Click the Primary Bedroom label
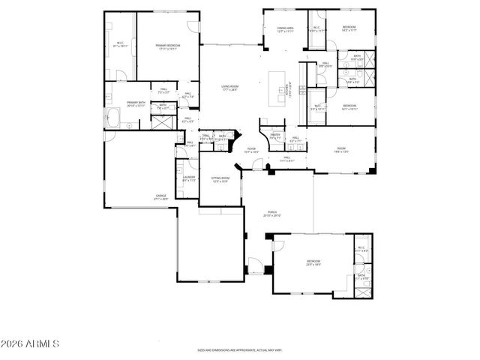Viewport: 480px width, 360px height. [168, 47]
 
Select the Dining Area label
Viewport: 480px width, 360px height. [285, 29]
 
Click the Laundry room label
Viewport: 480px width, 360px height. [189, 179]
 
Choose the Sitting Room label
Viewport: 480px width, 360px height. [219, 179]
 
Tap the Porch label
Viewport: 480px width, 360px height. [272, 214]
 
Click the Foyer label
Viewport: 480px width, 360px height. [252, 150]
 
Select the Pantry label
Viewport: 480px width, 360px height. [275, 136]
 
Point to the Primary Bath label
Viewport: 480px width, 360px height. [136, 103]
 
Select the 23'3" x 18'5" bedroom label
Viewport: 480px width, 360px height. [313, 263]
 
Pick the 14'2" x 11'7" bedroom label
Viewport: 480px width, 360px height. [349, 28]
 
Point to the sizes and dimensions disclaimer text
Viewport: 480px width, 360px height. [239, 349]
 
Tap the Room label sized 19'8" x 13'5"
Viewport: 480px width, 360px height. [341, 150]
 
